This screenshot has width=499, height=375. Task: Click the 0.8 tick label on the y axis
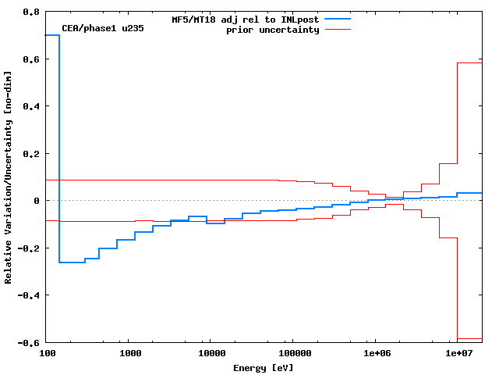(x=32, y=12)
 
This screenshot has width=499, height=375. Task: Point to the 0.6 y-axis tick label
(x=32, y=59)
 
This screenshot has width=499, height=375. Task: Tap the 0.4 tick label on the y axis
(x=32, y=106)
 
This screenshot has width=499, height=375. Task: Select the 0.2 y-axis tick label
(x=32, y=154)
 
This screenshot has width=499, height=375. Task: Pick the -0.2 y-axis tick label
(x=30, y=248)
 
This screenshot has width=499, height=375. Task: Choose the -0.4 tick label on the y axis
(x=30, y=295)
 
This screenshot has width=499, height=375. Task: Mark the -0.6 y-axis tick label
(x=30, y=343)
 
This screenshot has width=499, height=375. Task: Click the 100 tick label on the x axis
(x=48, y=354)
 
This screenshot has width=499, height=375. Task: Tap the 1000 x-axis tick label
(x=130, y=354)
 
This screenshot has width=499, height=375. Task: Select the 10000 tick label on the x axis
(x=209, y=354)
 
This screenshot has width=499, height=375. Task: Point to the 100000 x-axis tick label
(x=292, y=354)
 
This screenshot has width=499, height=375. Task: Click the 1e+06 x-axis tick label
(x=376, y=354)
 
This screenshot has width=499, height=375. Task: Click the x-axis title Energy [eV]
(x=264, y=367)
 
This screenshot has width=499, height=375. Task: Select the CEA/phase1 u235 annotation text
(x=103, y=29)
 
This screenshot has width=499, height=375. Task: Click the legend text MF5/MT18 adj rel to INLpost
(x=246, y=19)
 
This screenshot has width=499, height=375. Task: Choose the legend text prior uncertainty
(x=273, y=30)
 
